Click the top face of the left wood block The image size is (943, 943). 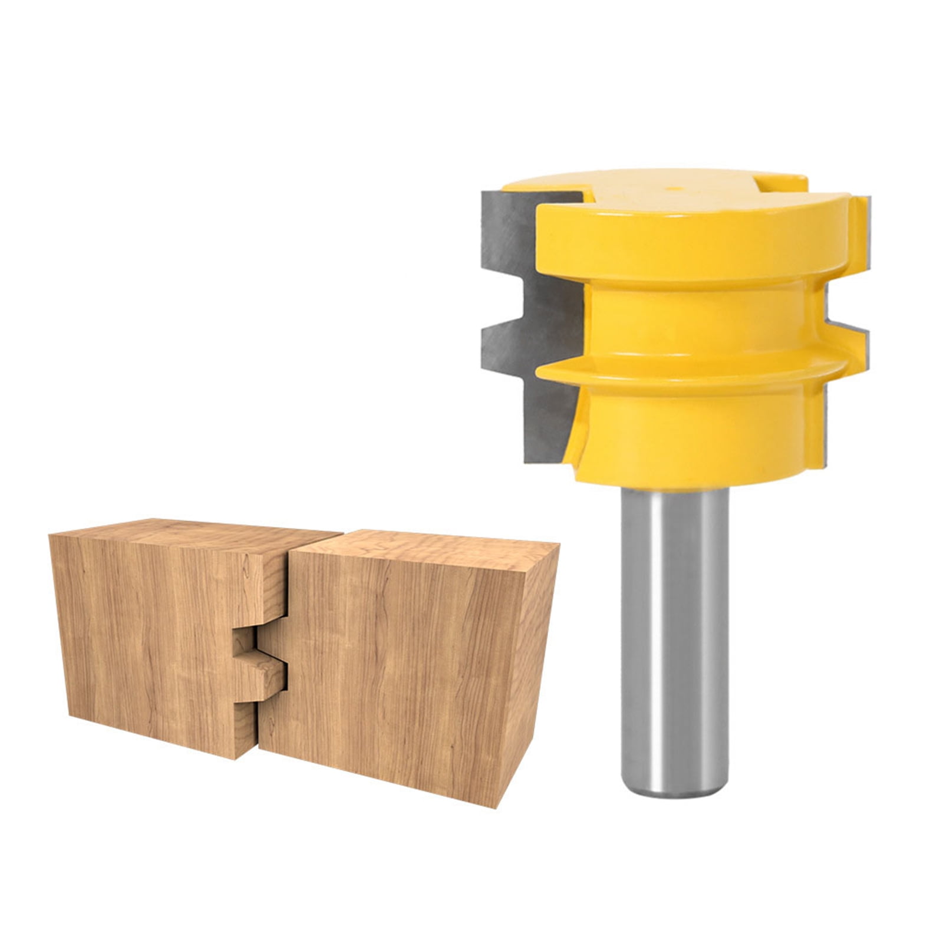194,533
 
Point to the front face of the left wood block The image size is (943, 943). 153,637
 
